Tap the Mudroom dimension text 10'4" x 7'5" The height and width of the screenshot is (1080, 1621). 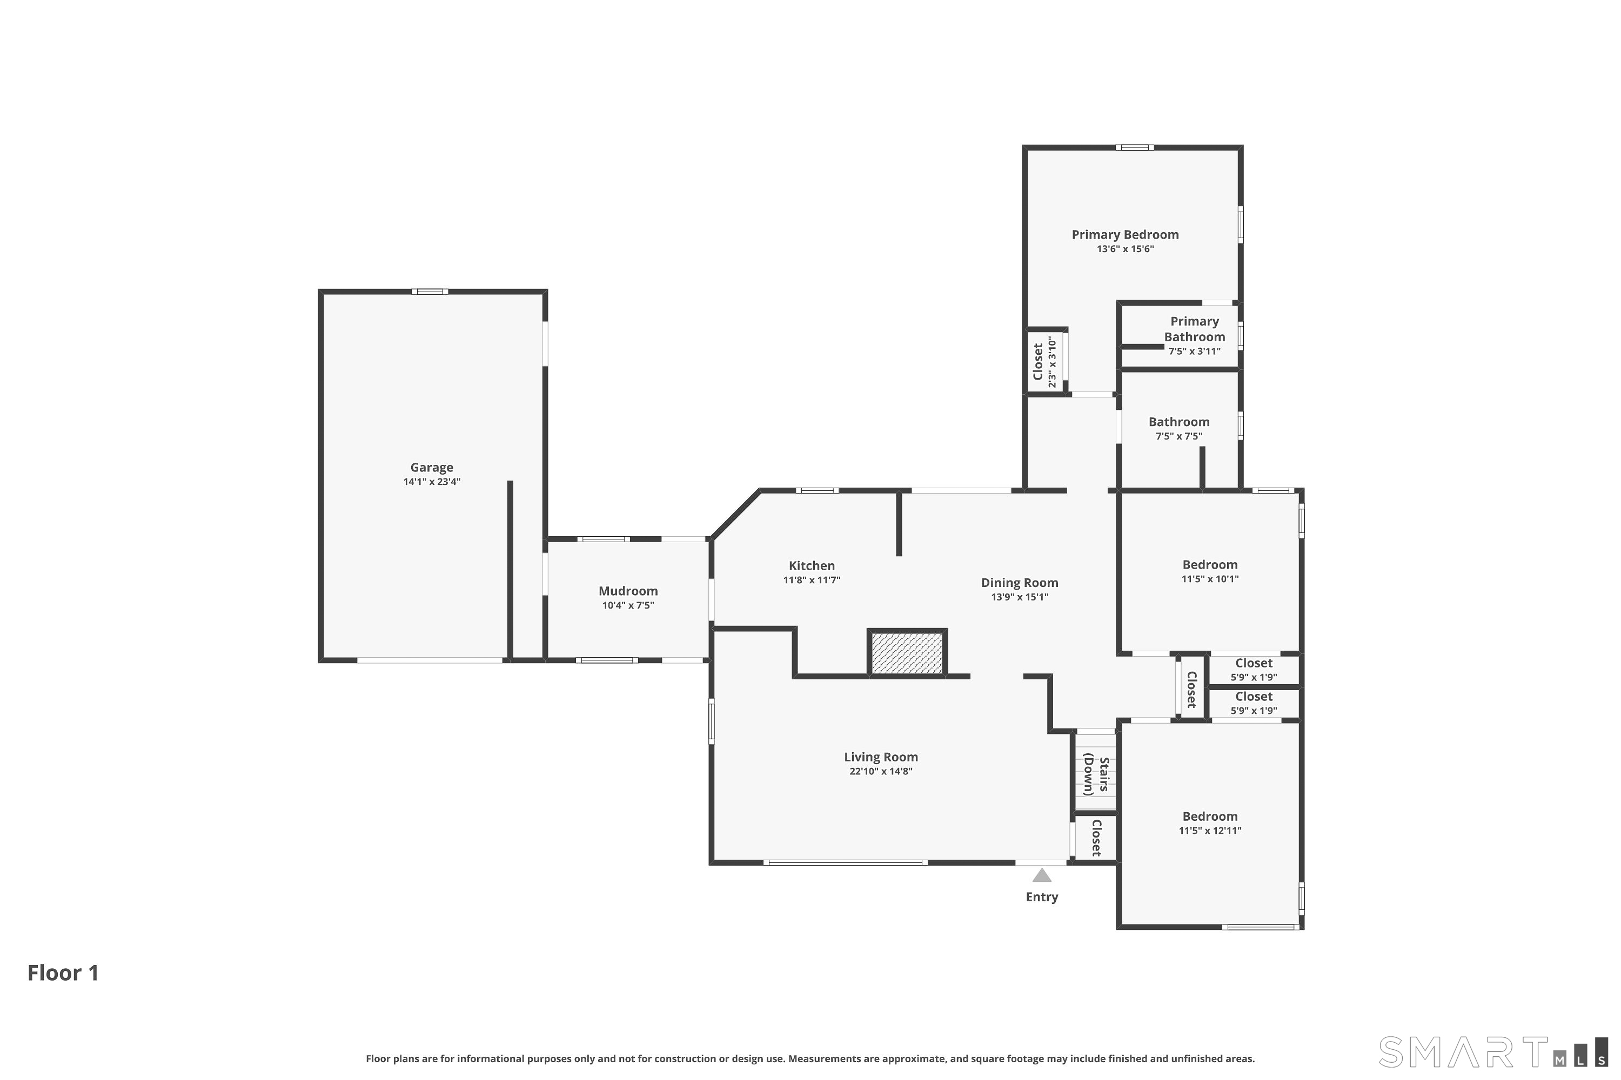pos(628,605)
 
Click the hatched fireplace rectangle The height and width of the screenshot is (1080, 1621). pos(907,653)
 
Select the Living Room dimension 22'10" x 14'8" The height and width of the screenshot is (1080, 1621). pos(881,772)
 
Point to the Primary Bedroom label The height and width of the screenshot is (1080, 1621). pos(1125,235)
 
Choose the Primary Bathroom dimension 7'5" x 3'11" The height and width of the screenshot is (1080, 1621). pos(1194,352)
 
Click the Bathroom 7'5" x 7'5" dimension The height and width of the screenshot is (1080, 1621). pos(1178,436)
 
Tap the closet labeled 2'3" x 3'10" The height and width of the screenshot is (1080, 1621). pos(1044,362)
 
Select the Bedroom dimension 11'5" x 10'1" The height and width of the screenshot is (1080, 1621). pos(1210,579)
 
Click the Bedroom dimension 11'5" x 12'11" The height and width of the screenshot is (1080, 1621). pos(1210,831)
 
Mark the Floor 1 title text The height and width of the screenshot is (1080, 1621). pos(63,973)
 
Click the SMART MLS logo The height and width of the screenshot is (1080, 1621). pos(1493,1052)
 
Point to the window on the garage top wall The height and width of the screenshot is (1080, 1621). pos(430,292)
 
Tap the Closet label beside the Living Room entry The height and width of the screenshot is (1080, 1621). pos(1096,837)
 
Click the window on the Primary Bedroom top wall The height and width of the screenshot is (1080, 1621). pos(1135,147)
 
